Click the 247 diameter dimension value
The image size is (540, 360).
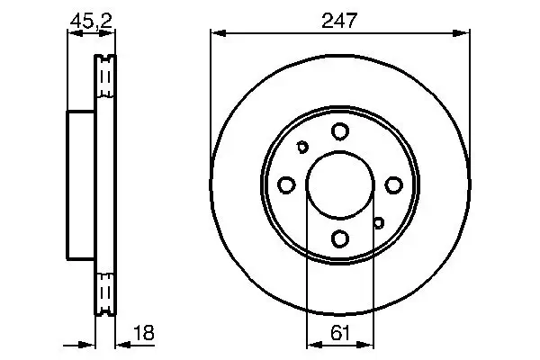coord(339,20)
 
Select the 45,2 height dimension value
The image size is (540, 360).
coord(91,21)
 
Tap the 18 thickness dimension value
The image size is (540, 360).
coord(144,332)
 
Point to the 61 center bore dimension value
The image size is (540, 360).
coord(340,332)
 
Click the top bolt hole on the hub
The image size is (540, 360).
coord(340,131)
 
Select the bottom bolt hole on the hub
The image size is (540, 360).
coord(340,238)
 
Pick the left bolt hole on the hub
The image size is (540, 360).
coord(286,185)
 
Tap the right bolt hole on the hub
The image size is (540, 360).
coord(393,185)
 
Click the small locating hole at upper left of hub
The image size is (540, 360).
coord(302,147)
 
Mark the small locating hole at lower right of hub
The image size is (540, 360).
coord(379,223)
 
